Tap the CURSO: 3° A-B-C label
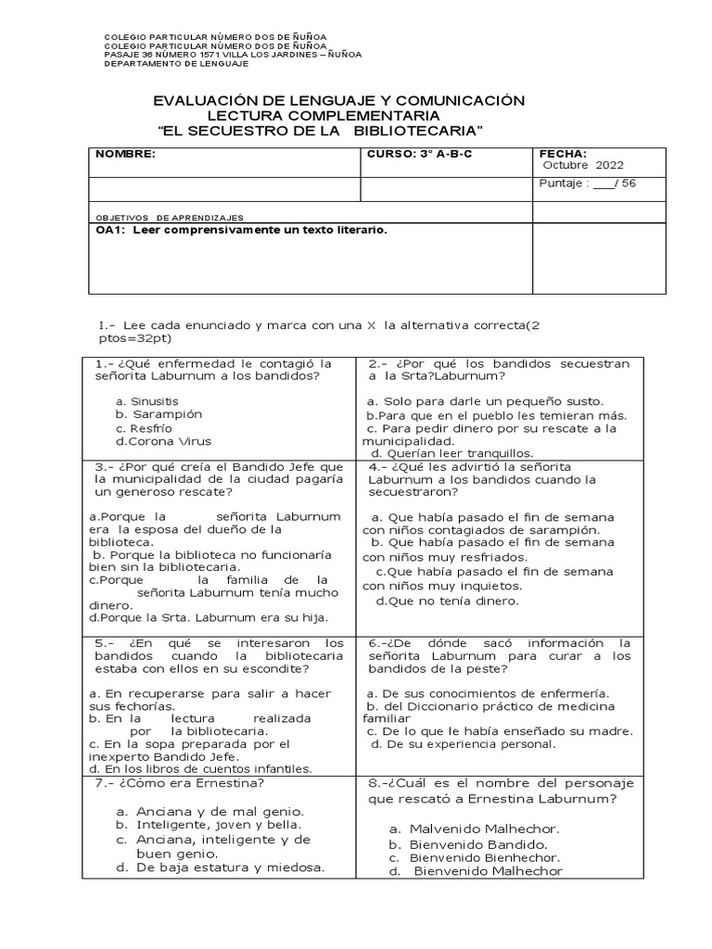click(420, 154)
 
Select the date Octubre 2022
click(583, 166)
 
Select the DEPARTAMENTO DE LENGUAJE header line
click(176, 63)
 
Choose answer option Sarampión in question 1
click(166, 414)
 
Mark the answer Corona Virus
click(171, 441)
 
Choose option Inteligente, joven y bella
click(215, 824)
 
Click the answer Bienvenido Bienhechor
click(486, 858)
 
